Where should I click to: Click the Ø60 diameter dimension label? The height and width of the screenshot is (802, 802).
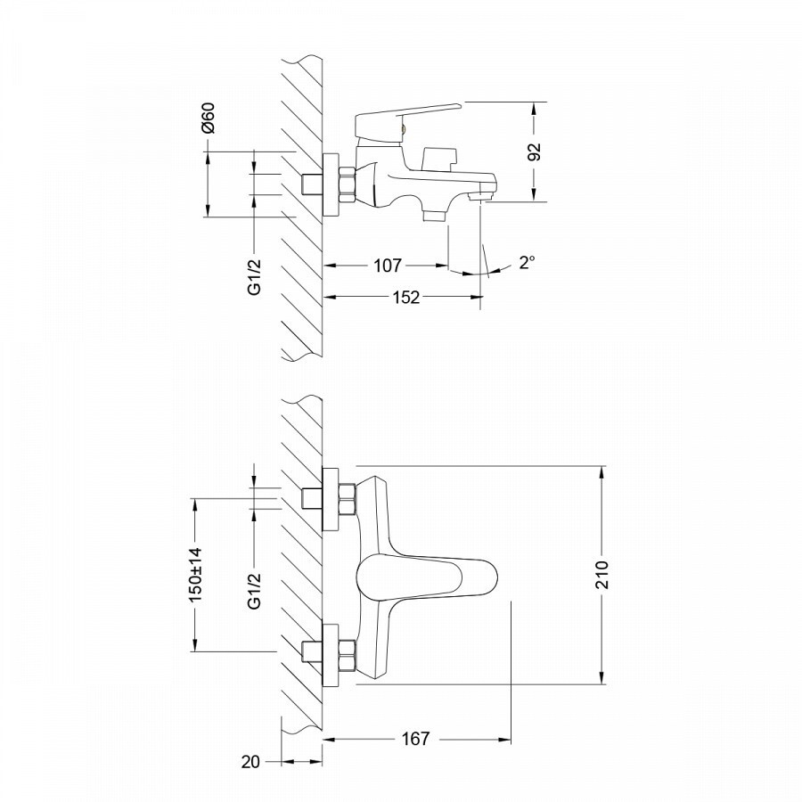(x=209, y=119)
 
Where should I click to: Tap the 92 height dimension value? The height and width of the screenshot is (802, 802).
(x=534, y=152)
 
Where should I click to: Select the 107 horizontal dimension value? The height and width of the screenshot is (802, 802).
(x=388, y=266)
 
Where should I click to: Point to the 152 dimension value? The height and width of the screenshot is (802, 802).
(x=406, y=297)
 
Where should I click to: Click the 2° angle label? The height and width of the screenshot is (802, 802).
(x=528, y=262)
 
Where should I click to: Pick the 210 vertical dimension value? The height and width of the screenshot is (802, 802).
(x=602, y=575)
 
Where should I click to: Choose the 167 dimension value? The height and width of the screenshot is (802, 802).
(x=415, y=739)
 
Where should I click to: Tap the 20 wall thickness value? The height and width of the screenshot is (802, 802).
(x=250, y=762)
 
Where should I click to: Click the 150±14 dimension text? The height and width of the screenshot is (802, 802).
(x=196, y=575)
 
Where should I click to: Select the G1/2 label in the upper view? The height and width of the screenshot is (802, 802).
(x=254, y=277)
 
